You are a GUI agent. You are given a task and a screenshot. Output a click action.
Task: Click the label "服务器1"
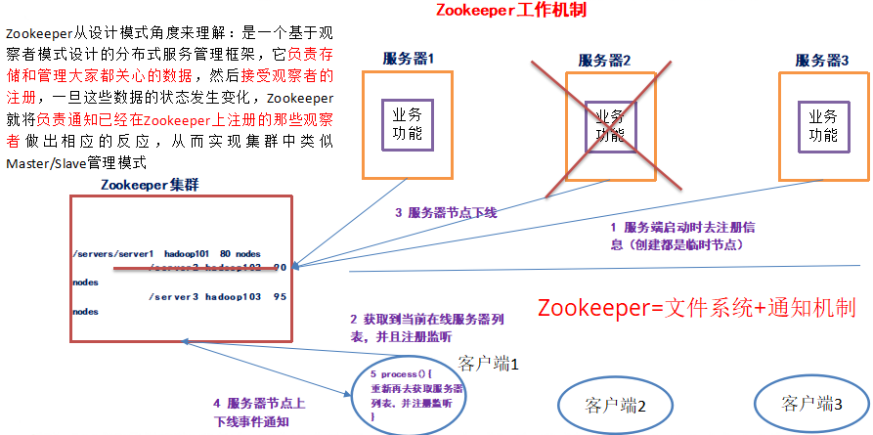pos(408,60)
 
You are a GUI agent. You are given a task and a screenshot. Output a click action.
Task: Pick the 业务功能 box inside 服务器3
pos(822,124)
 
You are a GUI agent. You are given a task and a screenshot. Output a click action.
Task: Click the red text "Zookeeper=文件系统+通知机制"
pos(697,309)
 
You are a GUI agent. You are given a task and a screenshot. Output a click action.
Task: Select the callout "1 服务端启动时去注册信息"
pos(675,236)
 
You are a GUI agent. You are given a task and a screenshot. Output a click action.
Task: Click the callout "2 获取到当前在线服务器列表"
pos(413,327)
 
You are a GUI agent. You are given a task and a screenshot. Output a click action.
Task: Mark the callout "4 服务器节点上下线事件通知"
pos(259,412)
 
